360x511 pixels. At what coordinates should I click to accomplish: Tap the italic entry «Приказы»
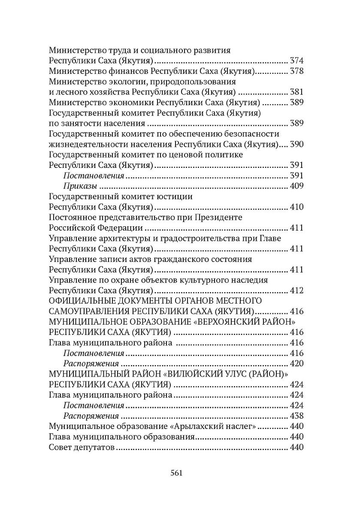click(x=79, y=186)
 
